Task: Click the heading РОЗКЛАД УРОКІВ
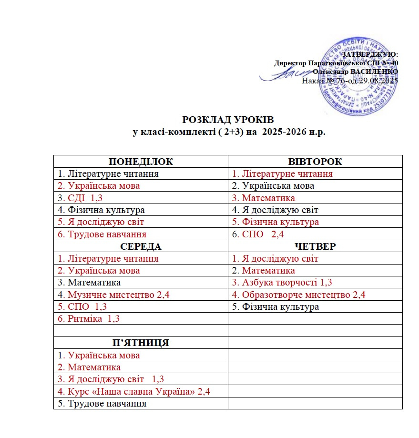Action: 228,120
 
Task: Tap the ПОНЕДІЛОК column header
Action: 141,162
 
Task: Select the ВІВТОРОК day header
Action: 315,162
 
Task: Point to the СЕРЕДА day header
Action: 141,246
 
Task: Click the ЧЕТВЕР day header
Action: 315,246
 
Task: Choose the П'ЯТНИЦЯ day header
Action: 141,343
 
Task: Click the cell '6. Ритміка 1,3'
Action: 88,319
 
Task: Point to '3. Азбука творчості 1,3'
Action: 282,283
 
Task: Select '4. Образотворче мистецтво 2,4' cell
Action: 298,295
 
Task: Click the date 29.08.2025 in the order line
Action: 377,81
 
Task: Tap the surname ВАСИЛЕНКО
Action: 374,71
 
